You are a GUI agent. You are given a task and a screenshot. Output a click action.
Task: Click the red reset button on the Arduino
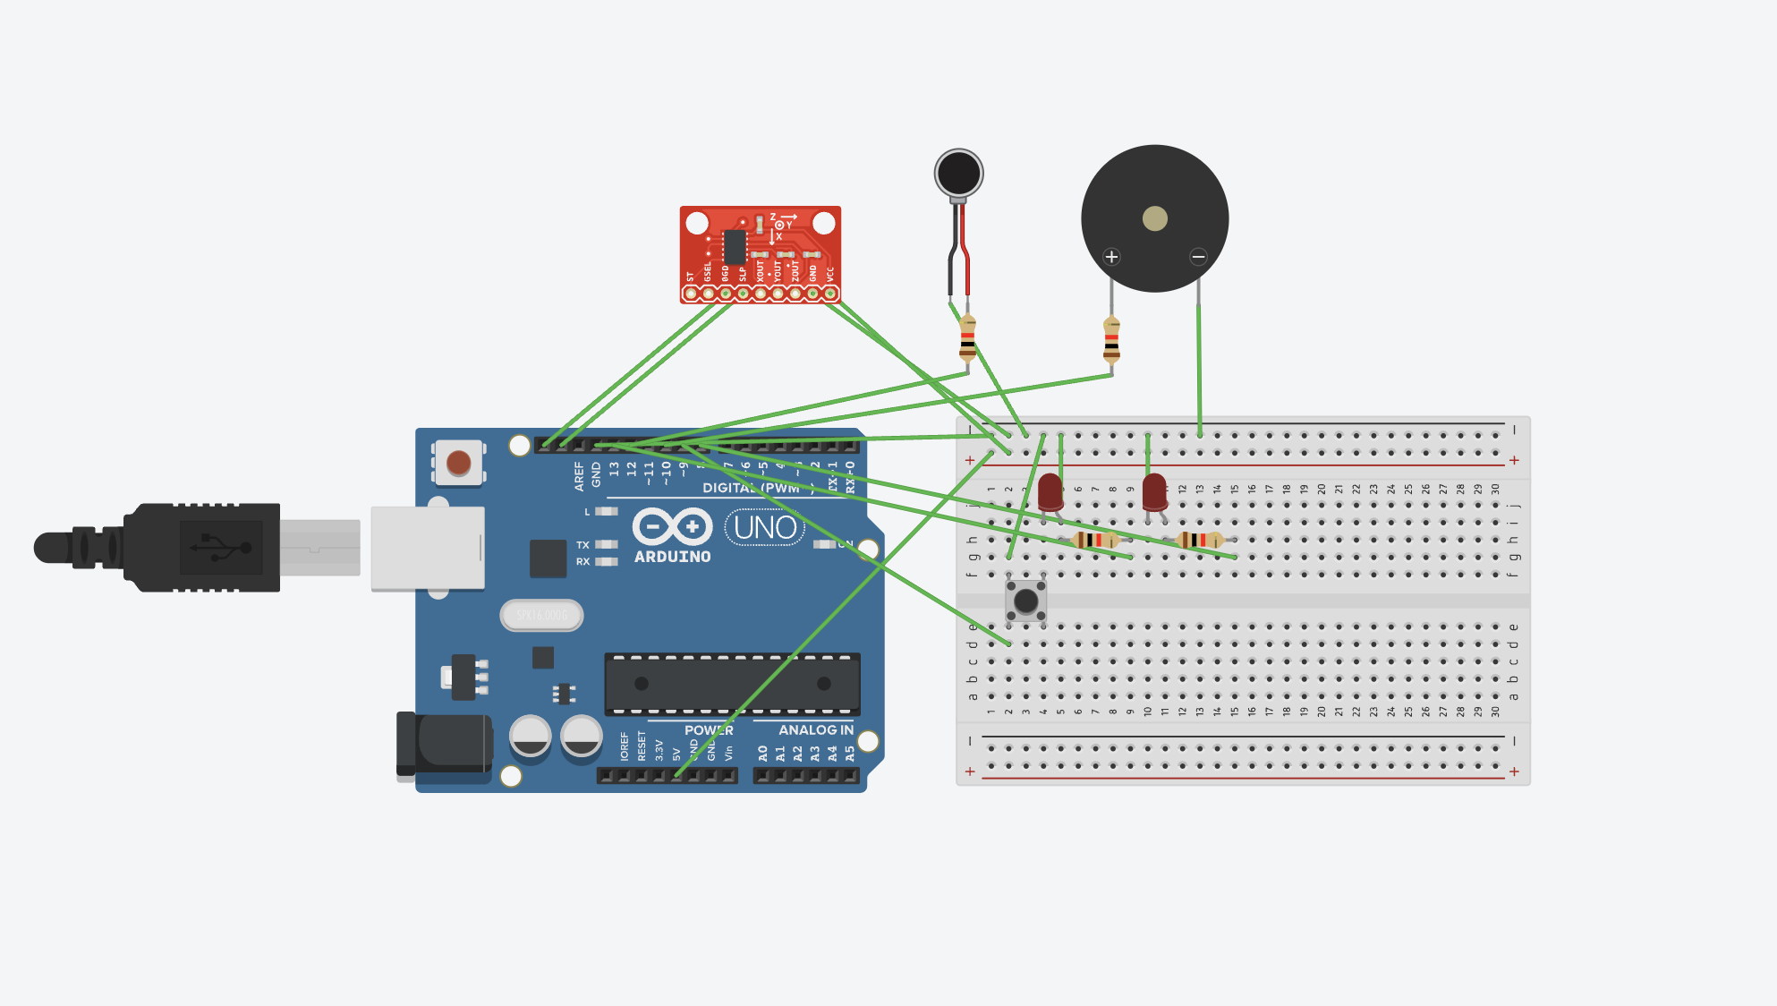click(x=458, y=463)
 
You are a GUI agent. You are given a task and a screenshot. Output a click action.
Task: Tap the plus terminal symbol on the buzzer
click(x=1111, y=257)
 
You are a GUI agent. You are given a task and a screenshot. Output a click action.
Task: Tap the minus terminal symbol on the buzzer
click(x=1198, y=257)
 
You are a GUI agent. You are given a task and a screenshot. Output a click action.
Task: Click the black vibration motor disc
click(x=958, y=173)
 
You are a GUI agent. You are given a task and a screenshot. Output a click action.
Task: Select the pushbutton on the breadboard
click(x=1025, y=601)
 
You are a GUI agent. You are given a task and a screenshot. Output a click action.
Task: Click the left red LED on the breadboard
click(x=1050, y=492)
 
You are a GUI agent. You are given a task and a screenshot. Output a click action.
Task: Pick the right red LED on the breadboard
click(x=1154, y=492)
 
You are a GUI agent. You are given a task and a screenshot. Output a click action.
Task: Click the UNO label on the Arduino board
click(x=765, y=527)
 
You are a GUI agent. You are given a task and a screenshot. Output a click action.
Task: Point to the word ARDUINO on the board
click(x=672, y=557)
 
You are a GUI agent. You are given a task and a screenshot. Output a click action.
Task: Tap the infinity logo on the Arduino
click(x=672, y=526)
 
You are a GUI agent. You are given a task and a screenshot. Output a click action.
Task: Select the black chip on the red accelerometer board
click(x=735, y=247)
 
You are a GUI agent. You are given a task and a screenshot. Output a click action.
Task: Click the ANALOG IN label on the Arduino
click(x=815, y=730)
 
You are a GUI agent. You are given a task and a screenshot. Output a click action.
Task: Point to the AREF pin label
click(x=579, y=475)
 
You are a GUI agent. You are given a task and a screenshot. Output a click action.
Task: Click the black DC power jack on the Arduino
click(x=445, y=744)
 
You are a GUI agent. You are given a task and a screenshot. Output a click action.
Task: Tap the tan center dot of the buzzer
click(x=1154, y=218)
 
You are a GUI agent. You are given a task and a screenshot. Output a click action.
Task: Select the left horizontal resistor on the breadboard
click(x=1095, y=540)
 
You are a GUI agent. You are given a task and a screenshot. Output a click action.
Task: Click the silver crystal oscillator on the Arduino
click(x=541, y=615)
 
